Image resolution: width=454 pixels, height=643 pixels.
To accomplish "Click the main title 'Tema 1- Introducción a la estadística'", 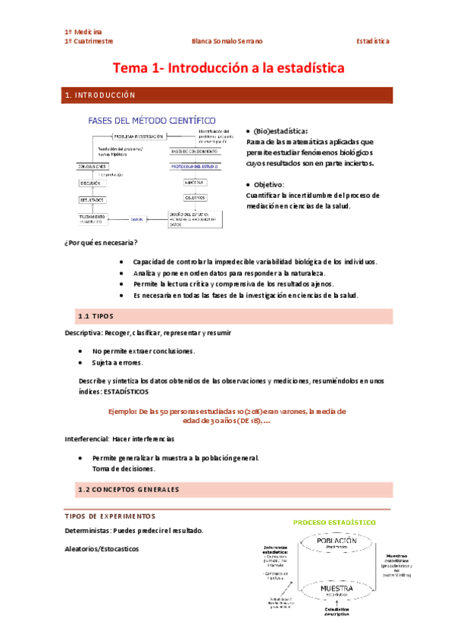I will click(228, 68).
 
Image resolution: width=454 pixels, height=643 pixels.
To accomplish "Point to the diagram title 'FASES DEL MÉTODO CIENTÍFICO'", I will click(152, 121).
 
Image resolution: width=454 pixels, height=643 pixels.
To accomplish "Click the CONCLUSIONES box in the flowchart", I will click(93, 166).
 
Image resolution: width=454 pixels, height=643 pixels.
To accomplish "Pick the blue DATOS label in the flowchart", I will click(136, 218).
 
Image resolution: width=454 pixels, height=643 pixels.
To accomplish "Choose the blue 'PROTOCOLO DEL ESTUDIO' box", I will click(194, 166).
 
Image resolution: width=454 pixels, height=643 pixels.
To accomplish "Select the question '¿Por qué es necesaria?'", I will click(101, 243).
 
